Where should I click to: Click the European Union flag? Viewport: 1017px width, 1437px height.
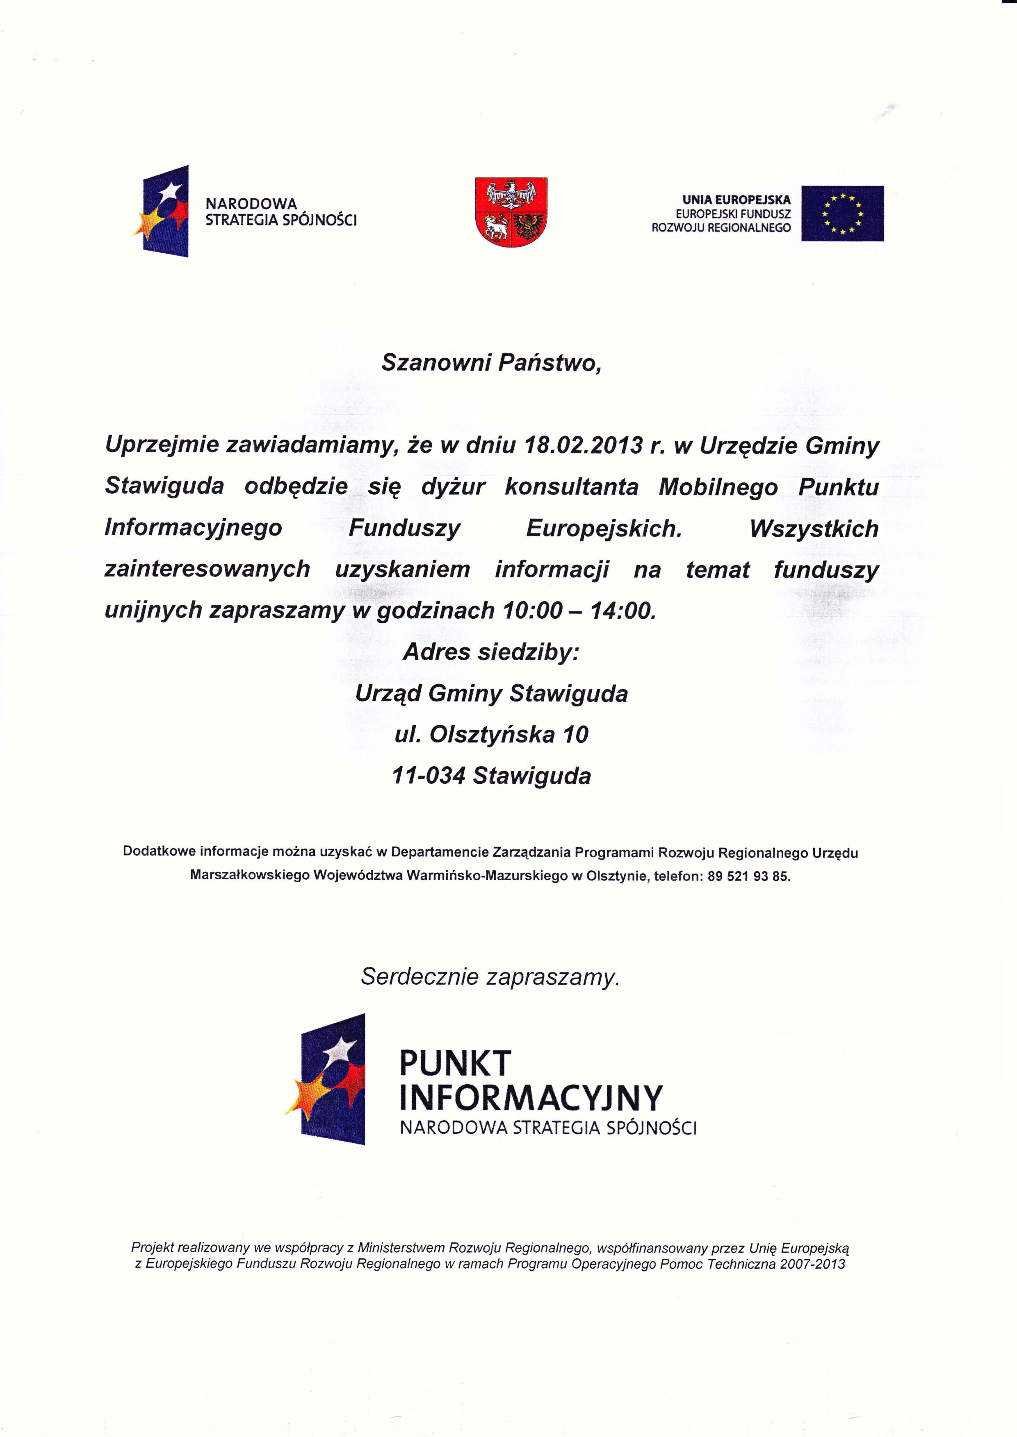[x=842, y=213]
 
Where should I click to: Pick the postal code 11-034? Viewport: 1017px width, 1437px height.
[x=429, y=776]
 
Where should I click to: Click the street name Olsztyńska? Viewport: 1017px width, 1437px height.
[x=492, y=734]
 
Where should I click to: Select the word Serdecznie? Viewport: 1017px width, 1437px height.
[x=420, y=977]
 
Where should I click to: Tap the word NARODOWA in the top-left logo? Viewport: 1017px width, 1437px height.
[x=251, y=204]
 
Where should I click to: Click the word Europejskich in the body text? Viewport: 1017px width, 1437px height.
[x=604, y=529]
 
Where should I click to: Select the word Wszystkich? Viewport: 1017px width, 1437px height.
[x=814, y=529]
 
